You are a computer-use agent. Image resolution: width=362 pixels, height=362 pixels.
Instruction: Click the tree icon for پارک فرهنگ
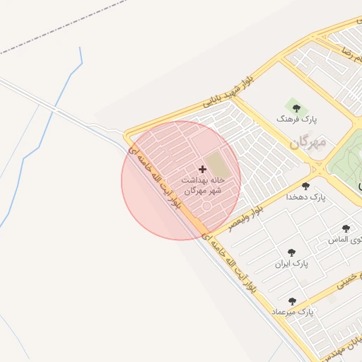point(296,108)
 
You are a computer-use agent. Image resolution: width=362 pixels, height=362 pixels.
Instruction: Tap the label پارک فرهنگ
point(296,121)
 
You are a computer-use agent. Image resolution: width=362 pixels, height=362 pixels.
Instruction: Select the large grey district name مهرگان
point(308,142)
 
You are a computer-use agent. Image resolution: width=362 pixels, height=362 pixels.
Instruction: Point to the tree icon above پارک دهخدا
point(305,186)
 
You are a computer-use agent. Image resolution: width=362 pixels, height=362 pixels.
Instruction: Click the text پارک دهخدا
point(306,198)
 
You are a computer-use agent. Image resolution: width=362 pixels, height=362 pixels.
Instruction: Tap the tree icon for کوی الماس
point(346,228)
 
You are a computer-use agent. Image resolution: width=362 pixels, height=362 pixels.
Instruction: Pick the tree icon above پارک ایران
point(291,252)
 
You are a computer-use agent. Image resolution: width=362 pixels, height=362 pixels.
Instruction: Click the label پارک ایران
point(292,264)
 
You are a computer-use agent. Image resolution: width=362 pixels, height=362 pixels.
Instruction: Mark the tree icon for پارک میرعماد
point(292,301)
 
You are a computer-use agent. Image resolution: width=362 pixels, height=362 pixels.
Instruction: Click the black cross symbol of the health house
point(203,169)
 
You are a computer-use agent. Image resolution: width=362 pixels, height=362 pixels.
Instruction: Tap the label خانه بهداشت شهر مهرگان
point(203,185)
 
